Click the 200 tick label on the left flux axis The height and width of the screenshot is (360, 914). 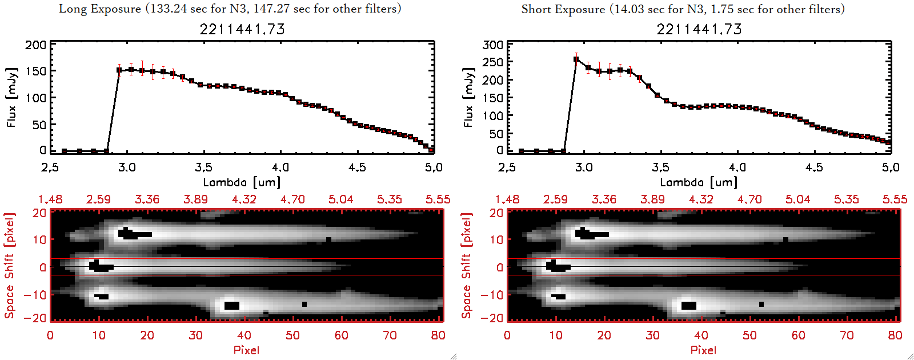pyautogui.click(x=35, y=45)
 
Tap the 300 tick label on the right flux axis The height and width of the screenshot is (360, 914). pyautogui.click(x=492, y=45)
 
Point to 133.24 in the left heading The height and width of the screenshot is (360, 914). pyautogui.click(x=168, y=9)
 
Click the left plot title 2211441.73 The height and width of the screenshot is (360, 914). pyautogui.click(x=242, y=29)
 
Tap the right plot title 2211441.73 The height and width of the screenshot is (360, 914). pyautogui.click(x=699, y=29)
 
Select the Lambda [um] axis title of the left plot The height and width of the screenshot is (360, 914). pyautogui.click(x=242, y=182)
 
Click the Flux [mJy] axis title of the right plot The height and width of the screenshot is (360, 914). pyautogui.click(x=468, y=97)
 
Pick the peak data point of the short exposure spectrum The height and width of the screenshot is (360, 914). pyautogui.click(x=576, y=59)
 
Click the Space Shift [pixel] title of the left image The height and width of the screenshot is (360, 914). pyautogui.click(x=10, y=266)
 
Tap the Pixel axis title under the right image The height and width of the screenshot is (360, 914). pyautogui.click(x=703, y=350)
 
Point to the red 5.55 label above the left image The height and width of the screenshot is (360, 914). pyautogui.click(x=438, y=199)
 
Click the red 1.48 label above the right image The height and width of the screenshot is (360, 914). pyautogui.click(x=507, y=199)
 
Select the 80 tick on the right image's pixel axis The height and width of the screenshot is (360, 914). pyautogui.click(x=895, y=335)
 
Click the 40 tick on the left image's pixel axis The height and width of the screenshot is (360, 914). pyautogui.click(x=244, y=335)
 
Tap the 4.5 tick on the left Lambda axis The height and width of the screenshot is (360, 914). pyautogui.click(x=357, y=167)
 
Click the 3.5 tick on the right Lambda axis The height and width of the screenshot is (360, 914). pyautogui.click(x=660, y=167)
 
